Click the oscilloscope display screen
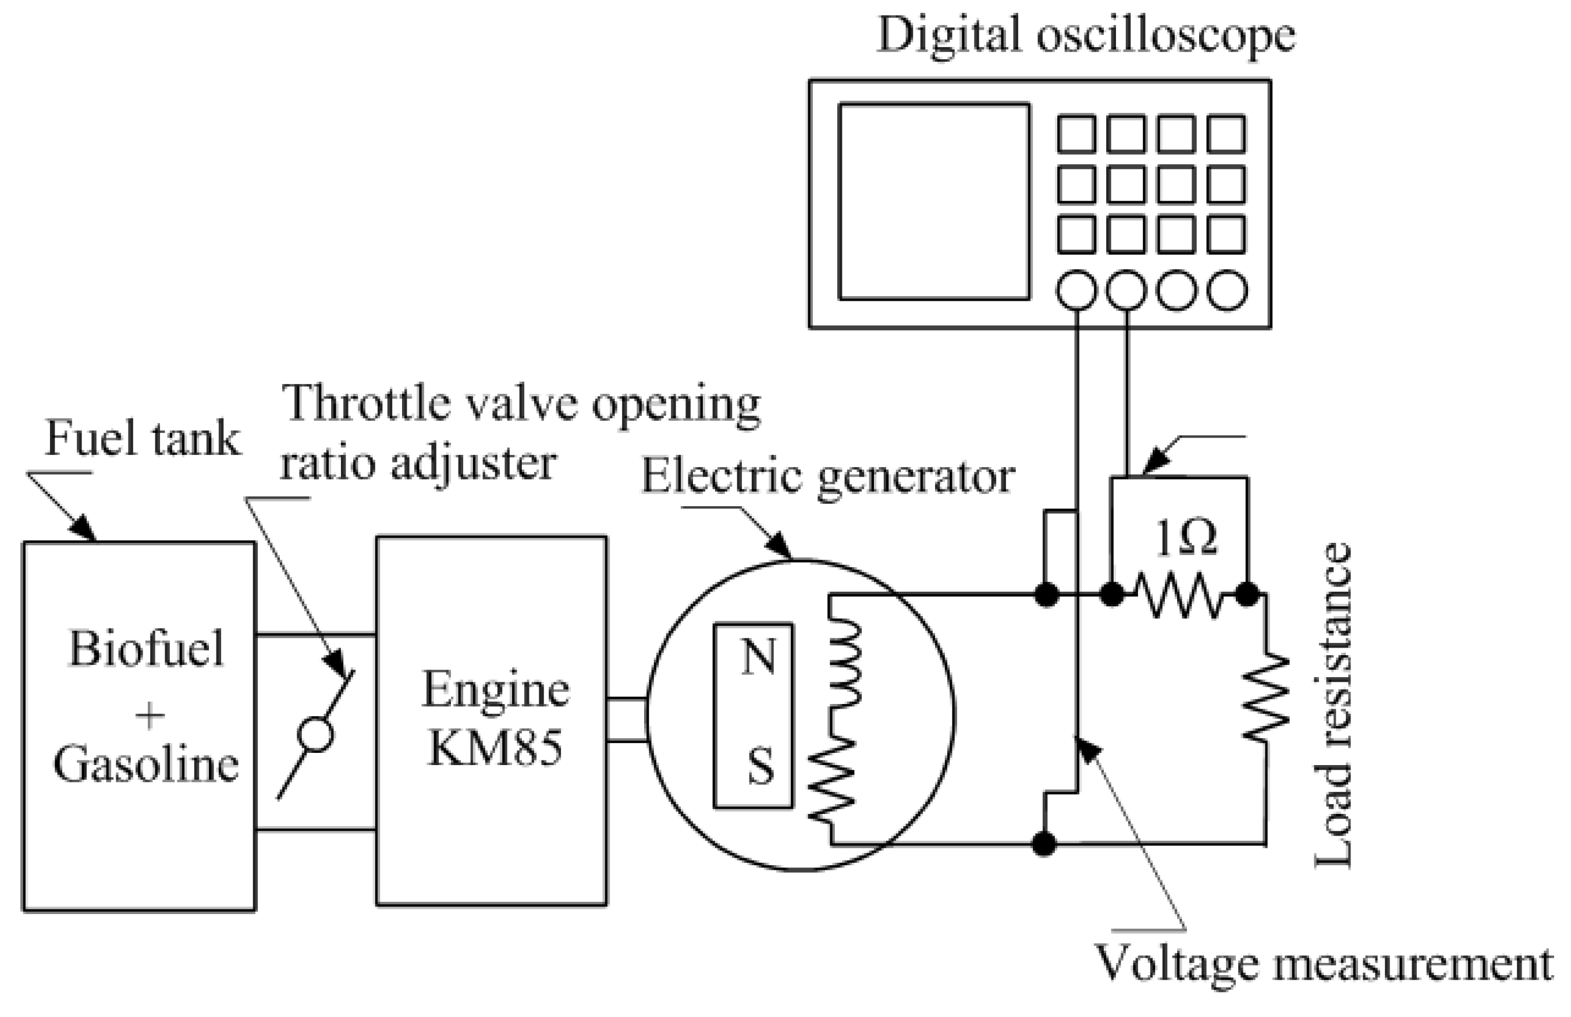click(933, 201)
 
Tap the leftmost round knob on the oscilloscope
click(1076, 290)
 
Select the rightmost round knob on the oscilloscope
click(1227, 290)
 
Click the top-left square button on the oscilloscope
click(1076, 134)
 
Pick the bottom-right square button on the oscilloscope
click(1227, 234)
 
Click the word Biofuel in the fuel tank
click(147, 649)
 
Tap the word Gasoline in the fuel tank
click(146, 766)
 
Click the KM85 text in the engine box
click(495, 748)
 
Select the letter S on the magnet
click(760, 766)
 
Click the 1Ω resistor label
click(1185, 539)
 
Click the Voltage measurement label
click(1324, 964)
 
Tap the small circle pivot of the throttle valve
click(315, 735)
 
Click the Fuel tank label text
click(142, 439)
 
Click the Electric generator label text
click(828, 477)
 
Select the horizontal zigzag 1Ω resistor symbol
click(1179, 595)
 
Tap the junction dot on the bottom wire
click(1044, 844)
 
